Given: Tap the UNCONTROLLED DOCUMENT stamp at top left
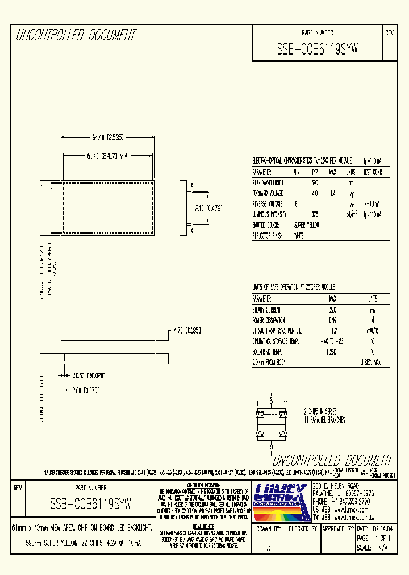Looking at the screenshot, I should click(x=76, y=35).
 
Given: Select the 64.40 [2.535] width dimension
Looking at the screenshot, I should click(x=106, y=137).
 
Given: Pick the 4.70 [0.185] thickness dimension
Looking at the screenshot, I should click(x=187, y=330).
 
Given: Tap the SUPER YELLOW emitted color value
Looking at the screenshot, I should click(x=307, y=226).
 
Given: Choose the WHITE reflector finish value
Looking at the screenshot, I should click(x=300, y=235).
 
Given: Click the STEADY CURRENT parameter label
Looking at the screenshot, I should click(x=268, y=310).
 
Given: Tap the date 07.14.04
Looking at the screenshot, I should click(x=380, y=529).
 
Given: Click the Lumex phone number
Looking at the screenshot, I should click(x=343, y=502).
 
